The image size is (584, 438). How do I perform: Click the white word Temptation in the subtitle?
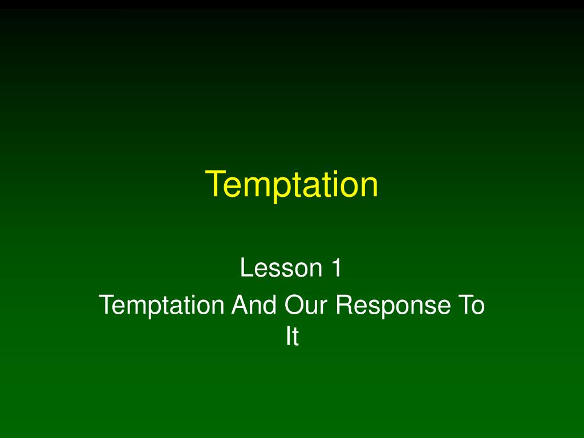161,306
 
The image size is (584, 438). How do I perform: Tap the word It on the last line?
292,338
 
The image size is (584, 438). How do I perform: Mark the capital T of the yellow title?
216,184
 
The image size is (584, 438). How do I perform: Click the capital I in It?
288,338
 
